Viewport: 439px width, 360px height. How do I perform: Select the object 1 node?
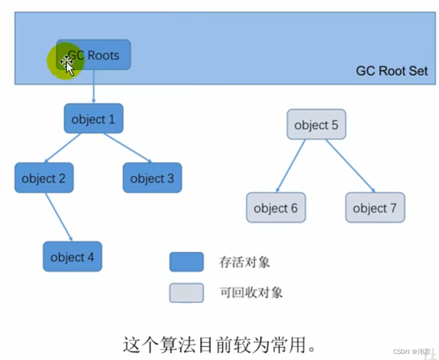93,119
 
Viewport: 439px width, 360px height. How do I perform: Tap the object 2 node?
44,178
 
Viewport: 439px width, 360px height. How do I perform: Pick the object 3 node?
152,178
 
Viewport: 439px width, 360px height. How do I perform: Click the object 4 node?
72,257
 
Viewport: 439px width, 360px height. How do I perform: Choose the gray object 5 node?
316,125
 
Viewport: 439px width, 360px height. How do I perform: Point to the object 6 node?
276,208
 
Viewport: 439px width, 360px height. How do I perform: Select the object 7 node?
375,208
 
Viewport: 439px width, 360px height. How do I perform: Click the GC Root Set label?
392,71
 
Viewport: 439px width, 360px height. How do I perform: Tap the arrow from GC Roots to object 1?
93,86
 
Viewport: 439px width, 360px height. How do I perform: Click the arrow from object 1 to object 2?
64,147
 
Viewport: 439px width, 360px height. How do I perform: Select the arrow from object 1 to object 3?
127,147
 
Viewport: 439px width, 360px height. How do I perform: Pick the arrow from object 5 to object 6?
290,166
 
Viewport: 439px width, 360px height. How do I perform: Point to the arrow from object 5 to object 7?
350,166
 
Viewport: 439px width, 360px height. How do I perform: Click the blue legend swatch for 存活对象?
186,262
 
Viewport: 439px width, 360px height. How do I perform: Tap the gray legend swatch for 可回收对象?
186,293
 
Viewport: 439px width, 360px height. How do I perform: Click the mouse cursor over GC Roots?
67,65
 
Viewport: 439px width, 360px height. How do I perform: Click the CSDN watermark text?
412,351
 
